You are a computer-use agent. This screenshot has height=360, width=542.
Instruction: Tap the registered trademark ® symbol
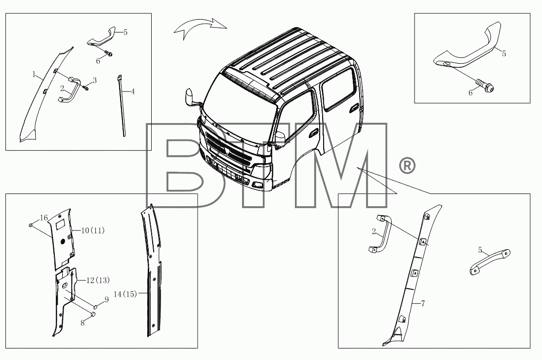click(x=407, y=166)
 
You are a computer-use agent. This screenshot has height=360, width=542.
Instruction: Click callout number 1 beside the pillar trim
click(x=34, y=74)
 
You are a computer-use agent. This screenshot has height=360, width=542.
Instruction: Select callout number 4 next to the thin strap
click(x=133, y=91)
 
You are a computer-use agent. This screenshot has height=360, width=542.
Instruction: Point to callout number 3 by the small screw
click(x=94, y=80)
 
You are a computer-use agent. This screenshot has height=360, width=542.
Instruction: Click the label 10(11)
click(x=92, y=230)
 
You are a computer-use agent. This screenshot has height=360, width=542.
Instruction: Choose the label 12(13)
click(x=98, y=280)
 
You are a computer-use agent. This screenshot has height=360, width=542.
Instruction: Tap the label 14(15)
click(x=125, y=294)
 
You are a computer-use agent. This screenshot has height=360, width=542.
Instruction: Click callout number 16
click(x=43, y=218)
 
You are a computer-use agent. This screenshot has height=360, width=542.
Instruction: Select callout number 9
click(x=106, y=300)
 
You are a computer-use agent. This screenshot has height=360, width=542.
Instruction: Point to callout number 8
click(x=83, y=323)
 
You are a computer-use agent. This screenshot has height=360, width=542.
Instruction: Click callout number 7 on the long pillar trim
click(x=423, y=304)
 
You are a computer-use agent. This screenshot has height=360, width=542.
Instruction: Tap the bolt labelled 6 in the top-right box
click(x=485, y=85)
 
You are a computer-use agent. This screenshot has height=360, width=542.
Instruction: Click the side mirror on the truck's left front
click(x=190, y=97)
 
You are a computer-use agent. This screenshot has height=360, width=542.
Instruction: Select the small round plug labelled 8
click(x=92, y=315)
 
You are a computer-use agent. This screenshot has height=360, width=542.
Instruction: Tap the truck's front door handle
click(x=314, y=133)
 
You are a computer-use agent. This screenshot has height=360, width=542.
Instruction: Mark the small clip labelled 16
click(x=31, y=225)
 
